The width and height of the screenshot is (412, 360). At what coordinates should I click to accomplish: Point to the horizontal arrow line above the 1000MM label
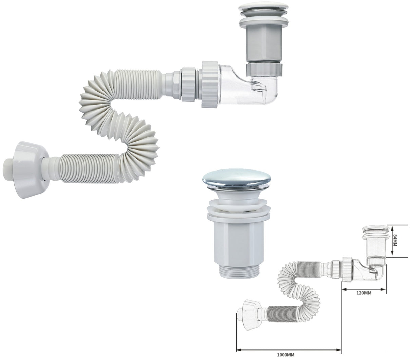tap(288, 350)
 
